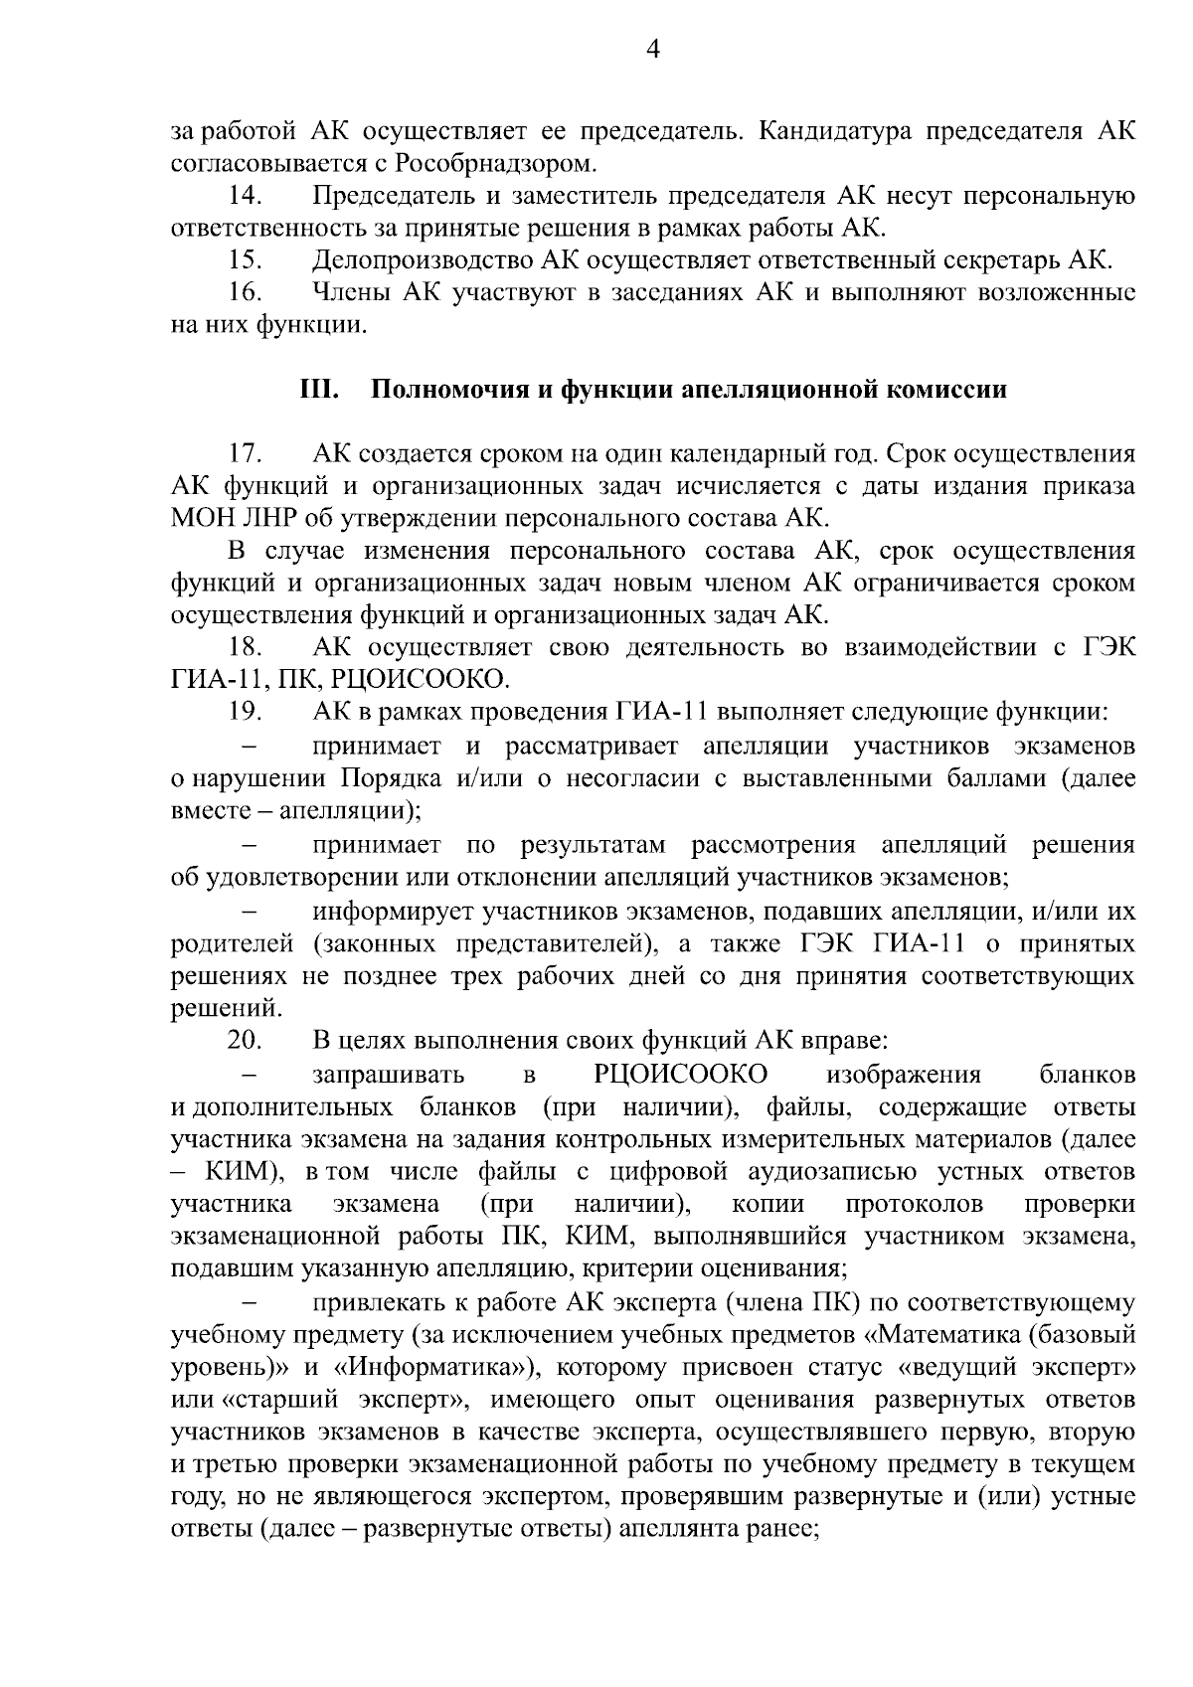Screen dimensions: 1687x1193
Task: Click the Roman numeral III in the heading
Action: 320,390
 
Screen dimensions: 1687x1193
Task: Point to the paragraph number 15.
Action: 245,261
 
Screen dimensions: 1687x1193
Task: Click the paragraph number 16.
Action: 245,293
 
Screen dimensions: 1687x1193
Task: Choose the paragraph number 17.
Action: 245,454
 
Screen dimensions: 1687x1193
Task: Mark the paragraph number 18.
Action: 245,647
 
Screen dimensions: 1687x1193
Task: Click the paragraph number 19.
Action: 245,712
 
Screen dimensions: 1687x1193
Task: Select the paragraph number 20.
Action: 245,1041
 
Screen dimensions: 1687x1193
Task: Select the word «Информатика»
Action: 439,1367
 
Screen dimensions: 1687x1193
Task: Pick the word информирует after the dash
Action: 390,911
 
